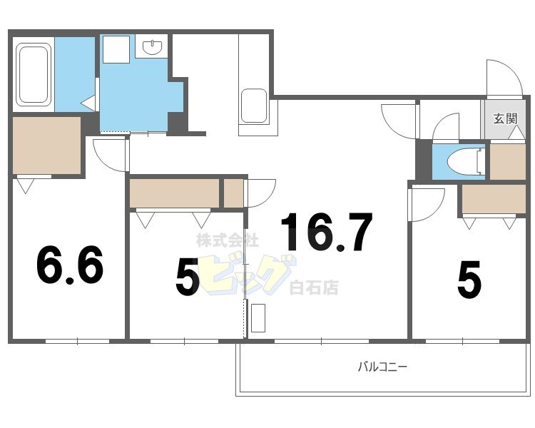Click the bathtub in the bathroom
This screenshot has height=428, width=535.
(33, 74)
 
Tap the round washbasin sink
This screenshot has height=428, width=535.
(152, 47)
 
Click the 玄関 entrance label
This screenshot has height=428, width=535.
(505, 119)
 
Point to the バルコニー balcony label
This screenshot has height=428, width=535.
(382, 367)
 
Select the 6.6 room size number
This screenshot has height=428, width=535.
(70, 265)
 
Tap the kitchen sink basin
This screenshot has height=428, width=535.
(254, 106)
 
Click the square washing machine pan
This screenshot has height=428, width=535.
(116, 49)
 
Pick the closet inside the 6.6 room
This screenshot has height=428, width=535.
(47, 146)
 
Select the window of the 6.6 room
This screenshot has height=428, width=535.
(78, 341)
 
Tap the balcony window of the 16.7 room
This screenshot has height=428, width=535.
(322, 341)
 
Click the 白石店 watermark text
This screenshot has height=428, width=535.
(314, 287)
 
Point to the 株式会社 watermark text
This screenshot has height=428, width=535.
(228, 240)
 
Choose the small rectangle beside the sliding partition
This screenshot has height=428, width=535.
(258, 317)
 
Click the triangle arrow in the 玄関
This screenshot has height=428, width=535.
(516, 132)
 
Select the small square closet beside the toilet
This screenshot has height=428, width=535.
(508, 162)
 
